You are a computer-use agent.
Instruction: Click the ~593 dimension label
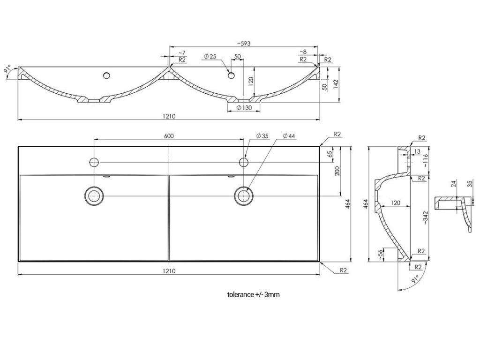pos(243,44)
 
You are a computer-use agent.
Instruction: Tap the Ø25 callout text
pos(210,57)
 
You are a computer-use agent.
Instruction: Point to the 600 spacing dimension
pos(169,136)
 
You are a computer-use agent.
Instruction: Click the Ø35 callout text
pos(262,136)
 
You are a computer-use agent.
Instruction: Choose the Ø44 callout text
pos(289,136)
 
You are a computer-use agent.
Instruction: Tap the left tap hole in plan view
pos(94,162)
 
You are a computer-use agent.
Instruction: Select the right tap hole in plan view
pos(243,162)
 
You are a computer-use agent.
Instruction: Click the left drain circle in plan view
pos(94,195)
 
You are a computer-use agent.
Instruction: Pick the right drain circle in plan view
pos(243,195)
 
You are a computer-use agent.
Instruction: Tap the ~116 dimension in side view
pos(425,161)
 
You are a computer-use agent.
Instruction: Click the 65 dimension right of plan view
pos(330,154)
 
